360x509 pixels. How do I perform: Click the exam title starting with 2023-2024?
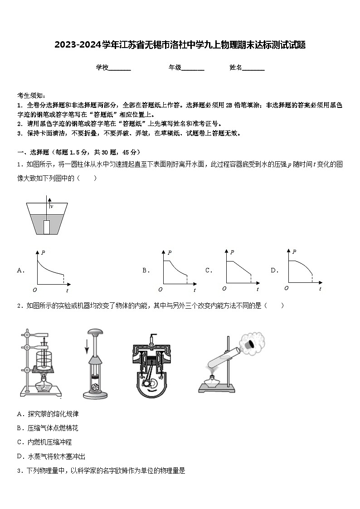click(x=180, y=45)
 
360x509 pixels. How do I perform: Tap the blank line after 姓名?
click(x=253, y=68)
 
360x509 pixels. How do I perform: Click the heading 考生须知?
click(x=31, y=95)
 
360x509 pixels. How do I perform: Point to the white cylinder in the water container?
click(x=47, y=226)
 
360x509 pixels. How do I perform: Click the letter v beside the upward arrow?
click(x=52, y=206)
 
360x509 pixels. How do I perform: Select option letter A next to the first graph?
click(x=20, y=271)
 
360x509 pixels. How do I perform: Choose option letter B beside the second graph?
click(x=146, y=271)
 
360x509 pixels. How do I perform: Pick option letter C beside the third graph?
click(x=209, y=271)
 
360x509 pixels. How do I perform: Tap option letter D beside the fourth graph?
click(x=274, y=271)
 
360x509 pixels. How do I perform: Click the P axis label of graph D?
click(x=294, y=252)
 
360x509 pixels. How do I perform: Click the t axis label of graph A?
click(x=67, y=290)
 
